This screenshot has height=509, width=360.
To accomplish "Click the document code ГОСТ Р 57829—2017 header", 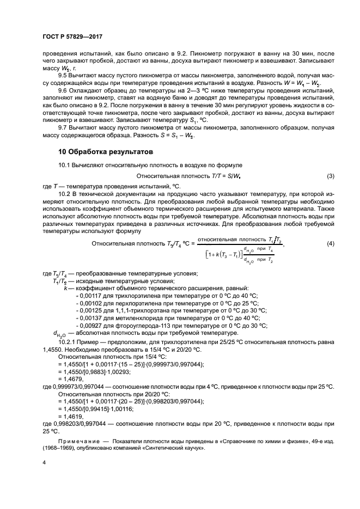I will [x=72, y=36].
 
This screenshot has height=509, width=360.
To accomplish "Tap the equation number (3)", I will [x=330, y=176].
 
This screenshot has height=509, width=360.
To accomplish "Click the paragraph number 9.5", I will [x=64, y=77].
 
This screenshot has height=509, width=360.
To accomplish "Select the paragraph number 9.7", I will [x=64, y=126].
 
